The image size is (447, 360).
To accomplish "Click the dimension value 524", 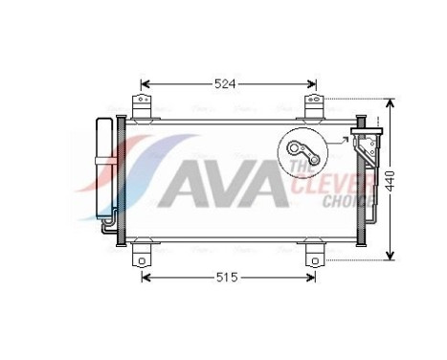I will coord(224,83).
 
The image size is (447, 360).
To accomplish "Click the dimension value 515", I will coord(225,278).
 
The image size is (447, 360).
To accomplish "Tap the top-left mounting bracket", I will coord(143,106).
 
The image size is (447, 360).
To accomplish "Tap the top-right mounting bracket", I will coord(313,106).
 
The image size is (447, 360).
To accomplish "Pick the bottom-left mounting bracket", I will coord(143,257).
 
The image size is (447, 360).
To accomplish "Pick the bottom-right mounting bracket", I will coord(313,257).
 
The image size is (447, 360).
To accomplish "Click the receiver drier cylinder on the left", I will coord(104,169).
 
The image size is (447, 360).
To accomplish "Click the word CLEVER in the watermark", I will coord(344,184).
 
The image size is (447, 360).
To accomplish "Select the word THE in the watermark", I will coord(298,169).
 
